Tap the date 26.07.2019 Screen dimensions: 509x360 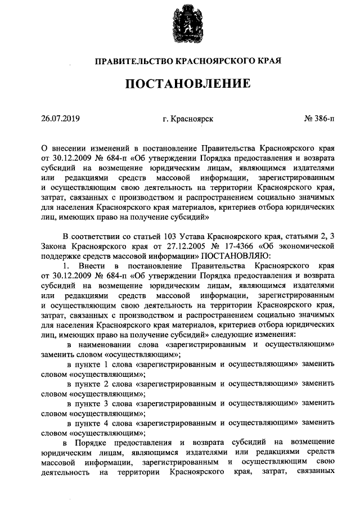(61, 119)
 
